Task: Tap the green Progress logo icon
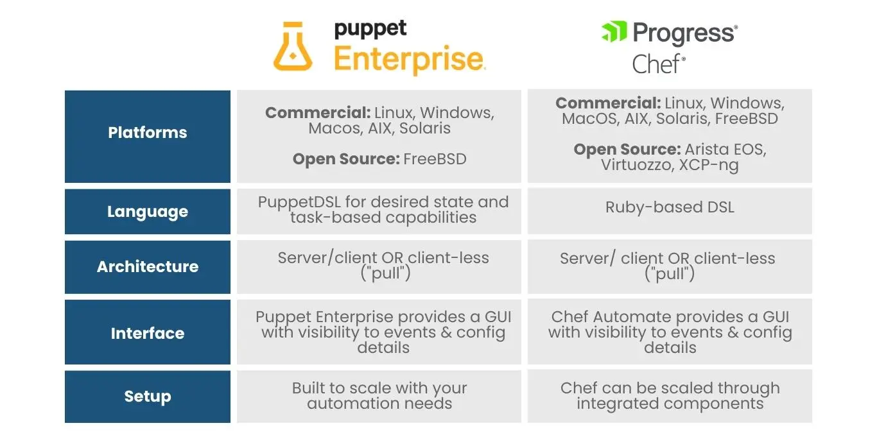[614, 31]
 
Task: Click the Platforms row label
[148, 133]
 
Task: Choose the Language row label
[148, 212]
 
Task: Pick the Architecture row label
[148, 267]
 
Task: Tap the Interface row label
[148, 334]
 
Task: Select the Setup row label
[148, 397]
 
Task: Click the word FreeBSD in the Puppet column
[435, 159]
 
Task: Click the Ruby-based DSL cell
[670, 207]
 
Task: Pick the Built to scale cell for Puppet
[379, 396]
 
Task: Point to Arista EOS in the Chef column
[725, 150]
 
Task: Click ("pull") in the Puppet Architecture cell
[383, 274]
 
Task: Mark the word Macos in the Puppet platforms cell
[333, 128]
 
